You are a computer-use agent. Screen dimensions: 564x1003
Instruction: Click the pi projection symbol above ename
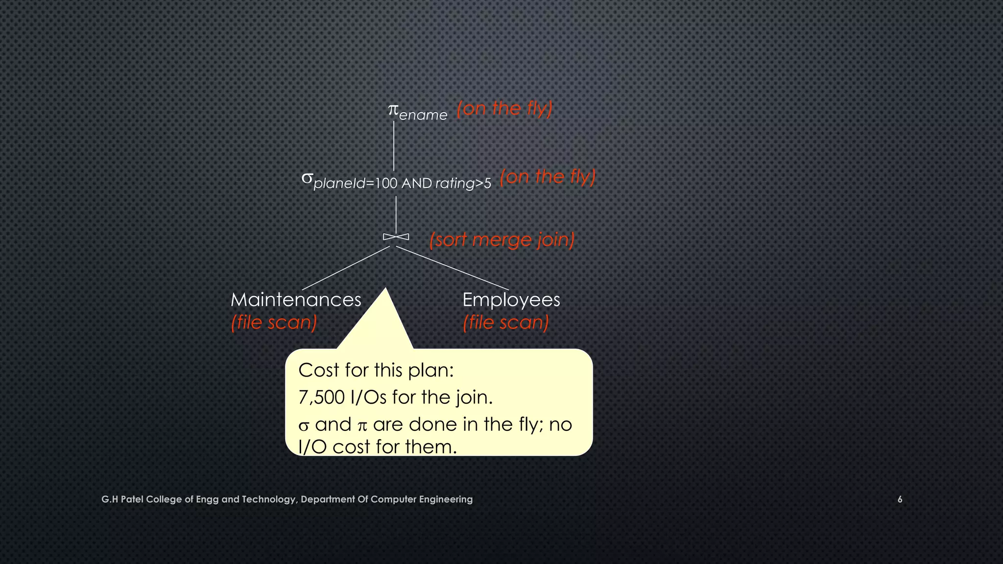[x=393, y=110]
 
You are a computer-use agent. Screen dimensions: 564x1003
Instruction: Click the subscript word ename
[x=423, y=116]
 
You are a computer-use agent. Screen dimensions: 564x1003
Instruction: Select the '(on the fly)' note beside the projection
[x=504, y=108]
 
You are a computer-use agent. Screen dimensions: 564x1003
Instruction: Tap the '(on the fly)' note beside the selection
[x=548, y=177]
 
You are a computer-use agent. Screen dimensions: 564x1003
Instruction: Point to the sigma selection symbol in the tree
[x=307, y=178]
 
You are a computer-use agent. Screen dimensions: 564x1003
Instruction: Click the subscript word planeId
[x=339, y=184]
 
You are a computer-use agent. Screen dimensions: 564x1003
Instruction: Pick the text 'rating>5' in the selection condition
[x=463, y=184]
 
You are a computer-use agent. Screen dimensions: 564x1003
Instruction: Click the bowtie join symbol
[x=396, y=237]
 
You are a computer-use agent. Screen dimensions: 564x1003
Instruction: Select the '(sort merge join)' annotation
[x=501, y=240]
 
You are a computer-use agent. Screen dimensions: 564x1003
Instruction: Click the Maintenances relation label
[x=296, y=300]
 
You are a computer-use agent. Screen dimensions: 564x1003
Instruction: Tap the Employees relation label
[x=511, y=300]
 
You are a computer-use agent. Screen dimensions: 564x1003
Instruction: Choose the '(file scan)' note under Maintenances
[x=274, y=322]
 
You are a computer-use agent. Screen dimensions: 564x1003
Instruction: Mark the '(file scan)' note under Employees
[x=505, y=322]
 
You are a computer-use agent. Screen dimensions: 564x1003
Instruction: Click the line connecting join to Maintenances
[x=346, y=268]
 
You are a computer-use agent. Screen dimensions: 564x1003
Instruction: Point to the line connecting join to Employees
[x=452, y=268]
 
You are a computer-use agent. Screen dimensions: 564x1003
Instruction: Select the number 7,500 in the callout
[x=321, y=397]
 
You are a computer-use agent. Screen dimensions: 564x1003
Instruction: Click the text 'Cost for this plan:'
[x=376, y=370]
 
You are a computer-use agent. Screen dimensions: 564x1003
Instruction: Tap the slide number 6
[x=900, y=499]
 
